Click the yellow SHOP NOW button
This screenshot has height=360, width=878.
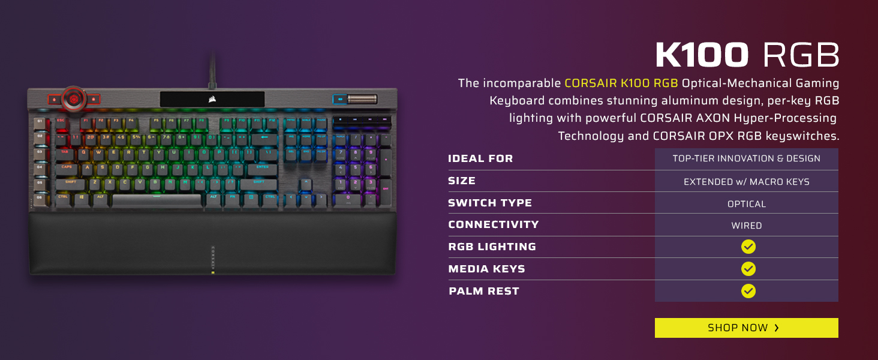tap(746, 328)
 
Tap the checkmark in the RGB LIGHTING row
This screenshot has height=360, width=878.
tap(748, 247)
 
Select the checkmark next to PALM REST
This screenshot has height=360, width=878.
tap(748, 291)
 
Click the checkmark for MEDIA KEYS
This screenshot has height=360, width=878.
tap(748, 269)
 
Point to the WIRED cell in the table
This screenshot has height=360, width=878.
tap(747, 226)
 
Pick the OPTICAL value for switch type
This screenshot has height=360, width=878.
tap(747, 204)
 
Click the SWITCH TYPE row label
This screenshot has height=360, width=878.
tap(489, 203)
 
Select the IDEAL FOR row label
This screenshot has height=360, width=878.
tap(480, 159)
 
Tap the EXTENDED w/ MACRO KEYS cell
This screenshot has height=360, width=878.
tap(747, 181)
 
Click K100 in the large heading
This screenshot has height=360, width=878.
tap(702, 55)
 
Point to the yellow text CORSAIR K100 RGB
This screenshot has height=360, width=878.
tap(621, 83)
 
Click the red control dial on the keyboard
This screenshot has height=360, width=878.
tap(74, 97)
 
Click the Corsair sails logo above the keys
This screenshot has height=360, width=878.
tap(212, 99)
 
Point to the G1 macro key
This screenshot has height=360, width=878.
tap(41, 122)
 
